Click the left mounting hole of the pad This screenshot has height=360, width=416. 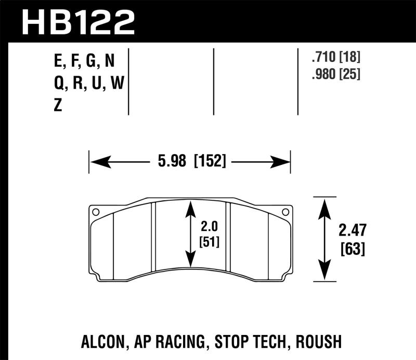(x=95, y=212)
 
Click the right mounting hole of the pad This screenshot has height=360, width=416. (x=284, y=212)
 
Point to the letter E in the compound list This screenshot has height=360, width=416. (x=58, y=62)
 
